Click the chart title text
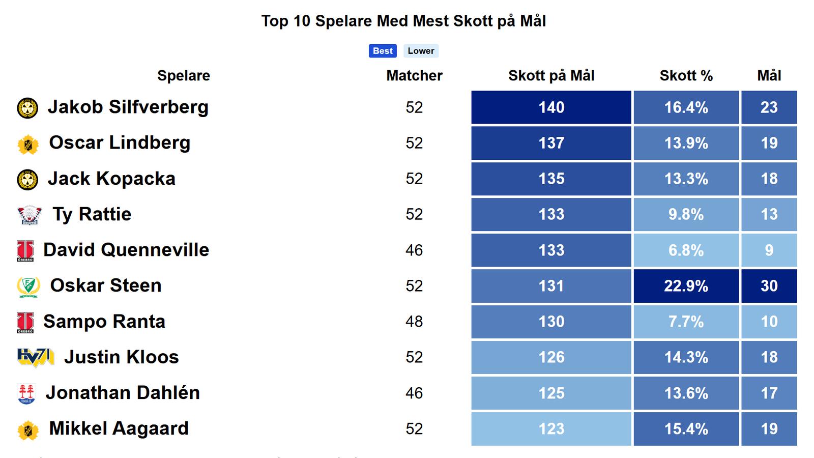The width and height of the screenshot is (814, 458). pyautogui.click(x=403, y=21)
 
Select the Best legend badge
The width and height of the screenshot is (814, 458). pyautogui.click(x=383, y=51)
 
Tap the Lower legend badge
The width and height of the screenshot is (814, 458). pyautogui.click(x=421, y=51)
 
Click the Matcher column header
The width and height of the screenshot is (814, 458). pyautogui.click(x=414, y=76)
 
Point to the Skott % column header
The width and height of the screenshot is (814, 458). pyautogui.click(x=686, y=76)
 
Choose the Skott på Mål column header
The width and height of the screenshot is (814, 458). pyautogui.click(x=551, y=76)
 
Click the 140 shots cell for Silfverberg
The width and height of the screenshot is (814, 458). pyautogui.click(x=551, y=107)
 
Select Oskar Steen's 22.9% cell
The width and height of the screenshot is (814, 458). pyautogui.click(x=686, y=286)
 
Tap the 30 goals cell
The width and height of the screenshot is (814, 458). pyautogui.click(x=769, y=286)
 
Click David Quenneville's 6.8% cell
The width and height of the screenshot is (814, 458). pyautogui.click(x=686, y=250)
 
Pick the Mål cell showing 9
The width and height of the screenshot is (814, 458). pyautogui.click(x=769, y=250)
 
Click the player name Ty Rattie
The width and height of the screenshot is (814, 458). pyautogui.click(x=92, y=214)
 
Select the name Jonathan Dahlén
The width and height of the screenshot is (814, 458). pyautogui.click(x=123, y=393)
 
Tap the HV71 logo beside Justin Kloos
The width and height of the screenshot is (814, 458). pyautogui.click(x=36, y=357)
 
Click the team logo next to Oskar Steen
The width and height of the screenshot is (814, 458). pyautogui.click(x=28, y=287)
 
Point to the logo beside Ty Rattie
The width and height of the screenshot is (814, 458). pyautogui.click(x=29, y=215)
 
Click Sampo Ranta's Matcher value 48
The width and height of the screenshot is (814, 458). pyautogui.click(x=414, y=322)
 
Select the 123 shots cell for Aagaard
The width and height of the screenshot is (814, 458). pyautogui.click(x=551, y=429)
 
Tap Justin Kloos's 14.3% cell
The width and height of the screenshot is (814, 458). pyautogui.click(x=686, y=357)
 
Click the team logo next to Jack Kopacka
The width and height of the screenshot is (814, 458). pyautogui.click(x=27, y=180)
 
